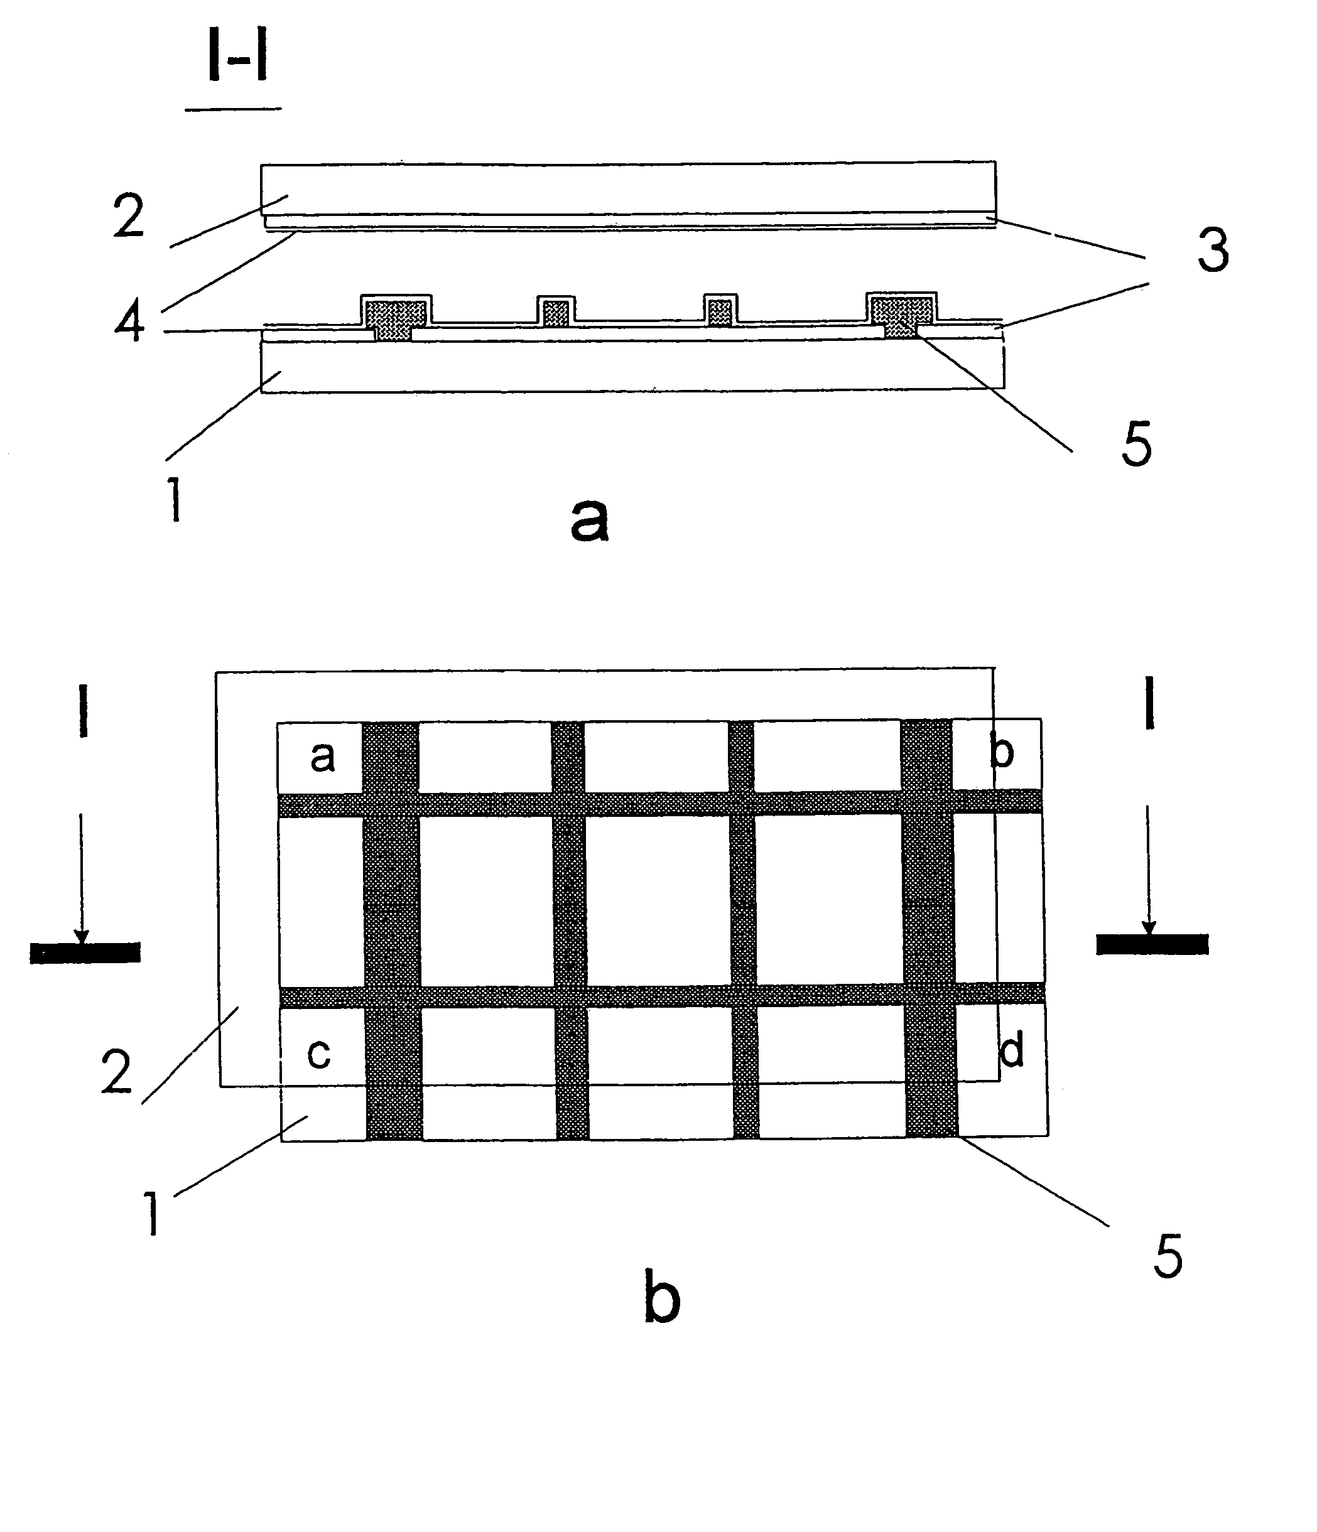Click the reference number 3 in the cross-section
coord(1213,250)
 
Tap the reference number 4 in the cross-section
coord(129,321)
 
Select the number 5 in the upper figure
coord(1136,445)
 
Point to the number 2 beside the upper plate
coord(129,216)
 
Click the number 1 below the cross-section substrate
coord(175,499)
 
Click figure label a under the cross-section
coord(589,520)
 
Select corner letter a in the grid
coord(322,757)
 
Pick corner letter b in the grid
coord(1001,752)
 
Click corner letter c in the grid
coord(318,1053)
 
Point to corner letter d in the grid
coord(1011,1049)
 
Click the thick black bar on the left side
coord(85,952)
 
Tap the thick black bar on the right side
coord(1151,944)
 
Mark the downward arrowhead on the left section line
coord(82,936)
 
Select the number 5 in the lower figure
coord(1168,1256)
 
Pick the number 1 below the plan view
coord(153,1215)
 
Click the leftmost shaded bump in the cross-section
coord(396,314)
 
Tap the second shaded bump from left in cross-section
coord(555,312)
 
